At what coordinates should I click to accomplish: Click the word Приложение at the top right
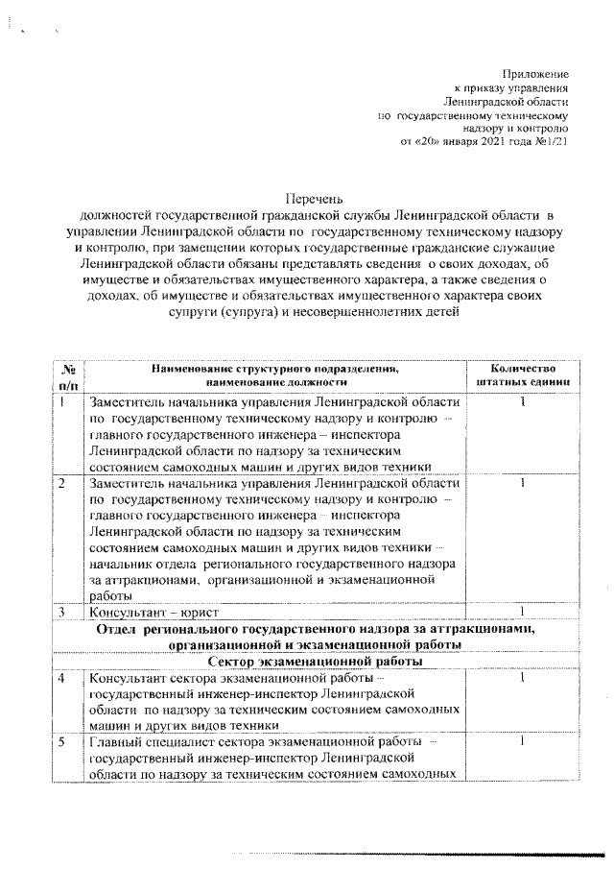coord(536,74)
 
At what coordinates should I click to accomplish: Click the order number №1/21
coord(555,141)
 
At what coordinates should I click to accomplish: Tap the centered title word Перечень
coord(309,199)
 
